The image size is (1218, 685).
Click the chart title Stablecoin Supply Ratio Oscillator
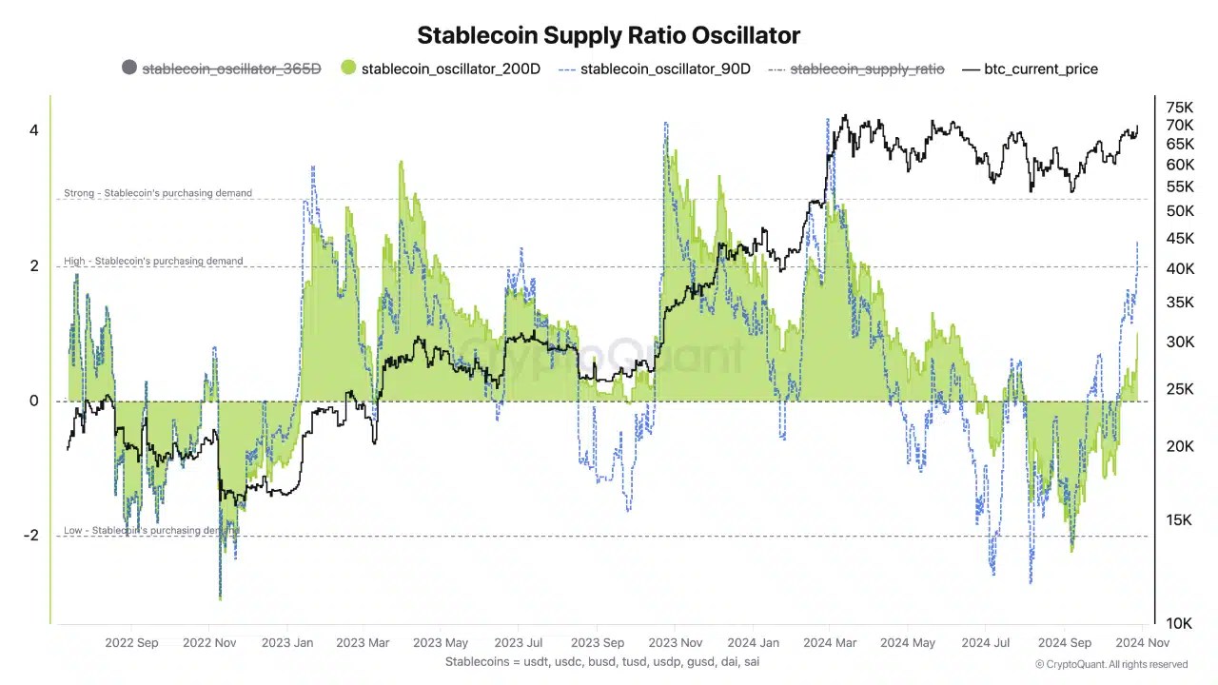point(608,35)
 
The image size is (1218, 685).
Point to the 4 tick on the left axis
point(34,130)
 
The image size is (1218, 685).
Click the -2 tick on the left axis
point(31,536)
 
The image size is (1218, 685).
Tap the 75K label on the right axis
point(1180,107)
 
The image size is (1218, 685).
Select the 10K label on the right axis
point(1180,623)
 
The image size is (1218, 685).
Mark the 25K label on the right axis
point(1180,388)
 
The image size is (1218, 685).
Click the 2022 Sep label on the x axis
point(131,643)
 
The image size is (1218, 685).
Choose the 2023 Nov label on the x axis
point(675,643)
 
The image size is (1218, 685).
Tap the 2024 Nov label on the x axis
point(1143,643)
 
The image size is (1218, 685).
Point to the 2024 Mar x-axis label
point(830,643)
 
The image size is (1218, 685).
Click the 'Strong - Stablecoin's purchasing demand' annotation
point(158,193)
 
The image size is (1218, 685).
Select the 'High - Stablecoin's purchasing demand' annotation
point(153,261)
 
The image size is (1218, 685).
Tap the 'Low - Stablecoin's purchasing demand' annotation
point(151,530)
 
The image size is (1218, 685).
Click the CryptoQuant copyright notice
point(1110,664)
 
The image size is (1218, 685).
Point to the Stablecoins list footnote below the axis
point(601,661)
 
